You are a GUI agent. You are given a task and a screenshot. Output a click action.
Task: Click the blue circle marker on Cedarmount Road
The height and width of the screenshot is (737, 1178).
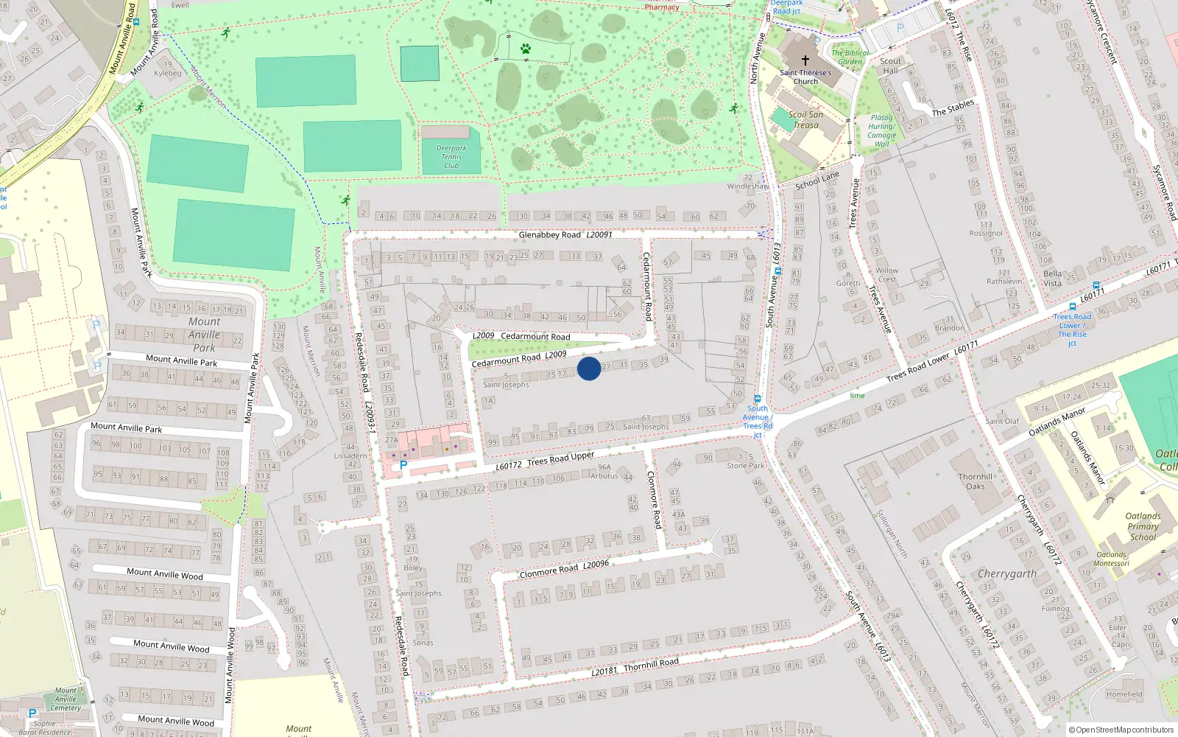coord(589,368)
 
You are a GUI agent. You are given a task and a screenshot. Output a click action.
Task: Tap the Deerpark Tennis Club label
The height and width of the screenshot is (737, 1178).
coord(451,157)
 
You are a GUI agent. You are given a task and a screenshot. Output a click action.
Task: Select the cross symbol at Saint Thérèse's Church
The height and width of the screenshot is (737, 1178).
coord(805,60)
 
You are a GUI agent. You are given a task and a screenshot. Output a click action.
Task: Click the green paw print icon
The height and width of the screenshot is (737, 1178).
coord(526,49)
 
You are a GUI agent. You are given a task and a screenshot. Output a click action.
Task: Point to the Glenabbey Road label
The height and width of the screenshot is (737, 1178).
coord(550,234)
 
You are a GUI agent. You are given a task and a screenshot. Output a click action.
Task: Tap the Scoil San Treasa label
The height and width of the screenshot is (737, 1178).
coord(805,119)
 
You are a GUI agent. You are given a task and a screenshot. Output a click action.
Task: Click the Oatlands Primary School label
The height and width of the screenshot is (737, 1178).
coord(1143,526)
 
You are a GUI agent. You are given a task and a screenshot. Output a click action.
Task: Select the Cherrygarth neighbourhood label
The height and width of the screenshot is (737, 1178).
coord(1006,573)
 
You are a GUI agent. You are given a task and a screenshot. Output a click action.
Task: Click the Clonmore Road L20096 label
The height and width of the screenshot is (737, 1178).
coord(564,569)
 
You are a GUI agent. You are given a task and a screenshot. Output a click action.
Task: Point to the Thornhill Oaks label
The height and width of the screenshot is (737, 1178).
coord(976,481)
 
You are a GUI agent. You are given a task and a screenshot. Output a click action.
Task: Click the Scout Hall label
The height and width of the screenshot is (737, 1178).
coord(890,66)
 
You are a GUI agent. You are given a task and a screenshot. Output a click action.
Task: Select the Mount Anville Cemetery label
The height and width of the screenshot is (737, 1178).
coord(66,699)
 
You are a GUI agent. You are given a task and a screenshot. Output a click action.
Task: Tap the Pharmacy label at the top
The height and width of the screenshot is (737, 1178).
coord(662,7)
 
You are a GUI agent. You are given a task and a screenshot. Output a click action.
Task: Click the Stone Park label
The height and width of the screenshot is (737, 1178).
coord(746,466)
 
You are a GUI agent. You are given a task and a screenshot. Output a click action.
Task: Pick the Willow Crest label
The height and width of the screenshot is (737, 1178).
coord(886,275)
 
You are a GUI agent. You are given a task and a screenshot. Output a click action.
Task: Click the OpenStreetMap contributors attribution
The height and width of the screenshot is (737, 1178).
coord(1121,730)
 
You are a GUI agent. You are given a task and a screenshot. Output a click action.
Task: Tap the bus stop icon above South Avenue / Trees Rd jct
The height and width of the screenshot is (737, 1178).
coord(758,399)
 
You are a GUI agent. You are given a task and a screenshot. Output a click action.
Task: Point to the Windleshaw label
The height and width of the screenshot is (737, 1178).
coord(747,186)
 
